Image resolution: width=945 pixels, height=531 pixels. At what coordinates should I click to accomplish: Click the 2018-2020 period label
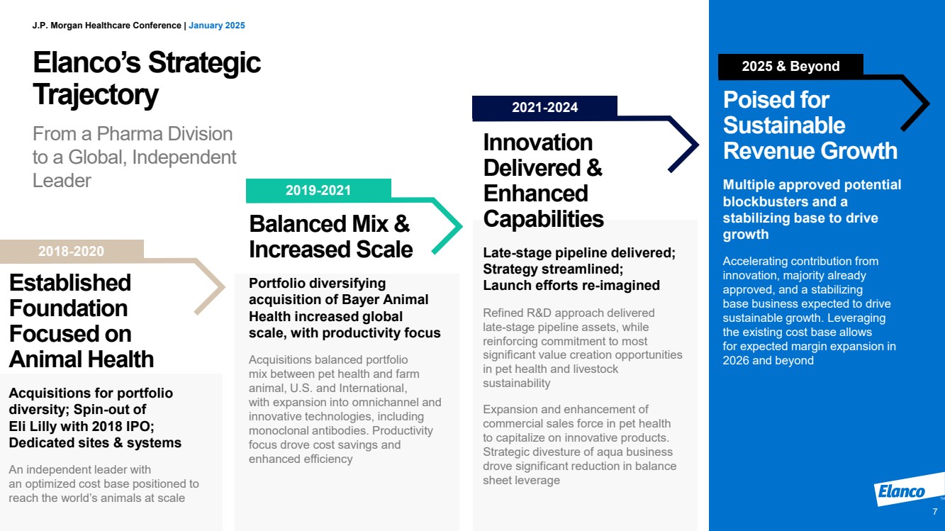[x=71, y=251]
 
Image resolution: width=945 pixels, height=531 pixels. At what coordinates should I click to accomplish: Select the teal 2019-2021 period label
[x=318, y=190]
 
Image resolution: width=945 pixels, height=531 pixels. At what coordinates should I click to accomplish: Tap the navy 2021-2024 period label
[x=544, y=107]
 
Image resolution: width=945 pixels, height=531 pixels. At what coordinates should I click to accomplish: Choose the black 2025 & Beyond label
[x=790, y=66]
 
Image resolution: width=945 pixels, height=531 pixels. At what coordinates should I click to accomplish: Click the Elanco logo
[x=902, y=491]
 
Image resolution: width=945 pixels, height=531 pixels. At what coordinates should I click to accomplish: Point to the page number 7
[x=935, y=512]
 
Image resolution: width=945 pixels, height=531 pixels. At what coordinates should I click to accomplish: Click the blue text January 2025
[x=217, y=26]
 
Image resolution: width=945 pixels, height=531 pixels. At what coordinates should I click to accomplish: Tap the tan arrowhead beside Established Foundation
[x=210, y=287]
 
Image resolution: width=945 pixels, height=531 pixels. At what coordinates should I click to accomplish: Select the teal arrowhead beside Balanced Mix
[x=447, y=226]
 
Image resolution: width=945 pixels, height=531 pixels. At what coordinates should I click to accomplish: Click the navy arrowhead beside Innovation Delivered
[x=683, y=144]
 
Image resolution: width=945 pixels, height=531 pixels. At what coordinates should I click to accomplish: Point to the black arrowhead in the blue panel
[x=915, y=104]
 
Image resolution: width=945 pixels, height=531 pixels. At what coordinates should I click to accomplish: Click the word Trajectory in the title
[x=96, y=95]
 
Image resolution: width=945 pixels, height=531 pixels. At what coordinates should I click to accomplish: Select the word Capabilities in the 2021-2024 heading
[x=543, y=218]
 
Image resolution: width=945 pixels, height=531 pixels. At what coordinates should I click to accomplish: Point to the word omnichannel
[x=379, y=403]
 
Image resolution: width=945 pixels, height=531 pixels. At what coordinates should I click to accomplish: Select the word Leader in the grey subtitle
[x=62, y=181]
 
